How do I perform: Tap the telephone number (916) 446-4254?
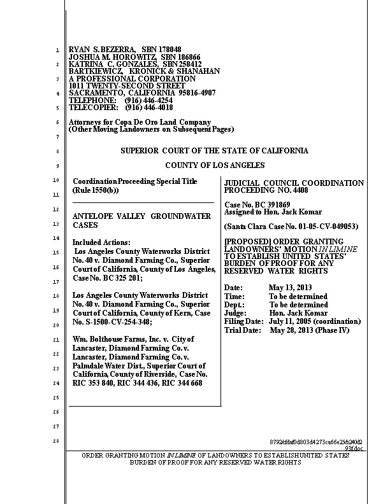pos(149,101)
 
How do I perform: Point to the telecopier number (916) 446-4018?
pos(149,108)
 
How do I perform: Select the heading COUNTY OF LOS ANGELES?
pos(214,165)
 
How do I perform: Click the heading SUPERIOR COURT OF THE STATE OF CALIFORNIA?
pos(214,151)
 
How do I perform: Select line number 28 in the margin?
pos(56,442)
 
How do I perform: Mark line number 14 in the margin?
pos(56,238)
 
